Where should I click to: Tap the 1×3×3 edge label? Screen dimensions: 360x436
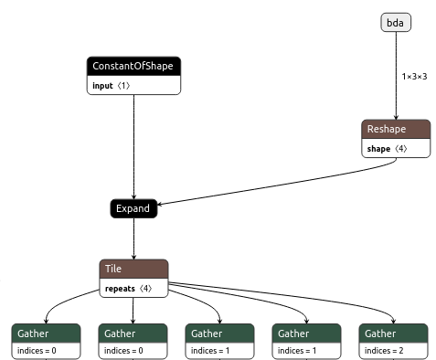[414, 76]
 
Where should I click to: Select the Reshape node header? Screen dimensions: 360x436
[395, 130]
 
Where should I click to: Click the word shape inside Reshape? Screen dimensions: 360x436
[378, 148]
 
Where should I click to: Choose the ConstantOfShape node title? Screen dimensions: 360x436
[133, 67]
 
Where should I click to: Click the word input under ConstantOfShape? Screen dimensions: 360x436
[103, 85]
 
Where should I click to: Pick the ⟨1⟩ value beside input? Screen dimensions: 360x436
[123, 85]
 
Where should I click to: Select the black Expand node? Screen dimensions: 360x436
[133, 209]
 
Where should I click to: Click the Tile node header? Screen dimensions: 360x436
[133, 269]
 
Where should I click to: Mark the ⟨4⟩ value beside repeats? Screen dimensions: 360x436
[146, 288]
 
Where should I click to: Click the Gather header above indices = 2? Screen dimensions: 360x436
[394, 333]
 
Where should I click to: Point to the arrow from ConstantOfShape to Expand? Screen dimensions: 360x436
[133, 146]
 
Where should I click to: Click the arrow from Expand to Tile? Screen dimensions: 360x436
[133, 239]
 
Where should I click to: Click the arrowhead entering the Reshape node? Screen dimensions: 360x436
[395, 117]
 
